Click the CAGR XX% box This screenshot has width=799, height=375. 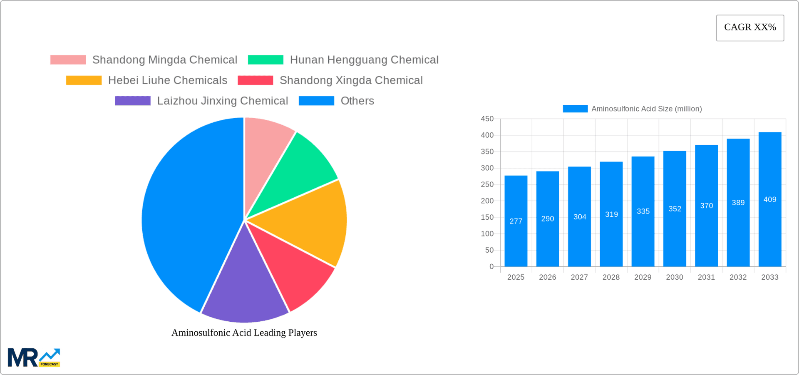750,28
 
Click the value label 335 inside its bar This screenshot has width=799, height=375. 643,211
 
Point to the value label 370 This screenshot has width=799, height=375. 706,206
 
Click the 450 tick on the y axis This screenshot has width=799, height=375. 487,119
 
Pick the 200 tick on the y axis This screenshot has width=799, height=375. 487,201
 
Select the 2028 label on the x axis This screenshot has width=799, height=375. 611,277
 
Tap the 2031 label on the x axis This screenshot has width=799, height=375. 706,277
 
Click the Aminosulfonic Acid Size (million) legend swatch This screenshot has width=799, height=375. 575,109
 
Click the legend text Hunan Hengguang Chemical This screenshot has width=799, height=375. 364,60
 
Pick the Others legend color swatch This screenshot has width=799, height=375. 316,101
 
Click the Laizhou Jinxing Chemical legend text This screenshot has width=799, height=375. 222,101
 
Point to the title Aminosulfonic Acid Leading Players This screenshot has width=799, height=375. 244,333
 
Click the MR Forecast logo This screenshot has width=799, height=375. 34,358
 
